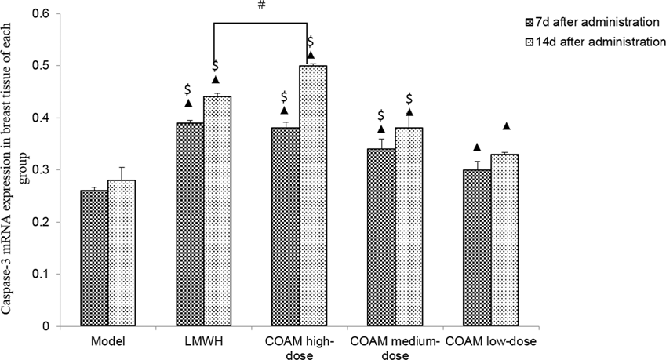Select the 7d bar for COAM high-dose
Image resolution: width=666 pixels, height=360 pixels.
pos(285,227)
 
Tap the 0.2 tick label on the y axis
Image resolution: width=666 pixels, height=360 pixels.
pos(42,222)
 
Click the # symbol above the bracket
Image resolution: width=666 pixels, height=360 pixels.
pos(260,6)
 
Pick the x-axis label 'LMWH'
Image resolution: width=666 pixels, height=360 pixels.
pos(202,343)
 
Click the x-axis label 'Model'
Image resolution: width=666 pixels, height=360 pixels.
pos(107,343)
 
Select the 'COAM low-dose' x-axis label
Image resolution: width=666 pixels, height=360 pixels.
pos(492,343)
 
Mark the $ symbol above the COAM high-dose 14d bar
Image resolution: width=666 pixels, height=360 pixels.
pos(311,41)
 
